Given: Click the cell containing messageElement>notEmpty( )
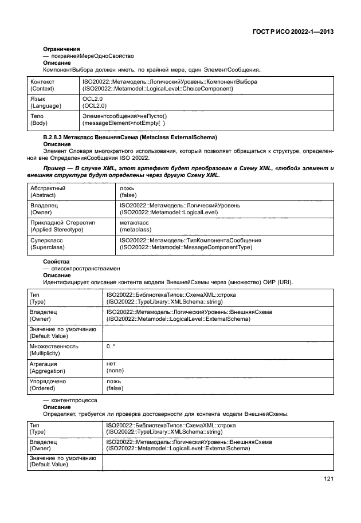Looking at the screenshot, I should pyautogui.click(x=123, y=123).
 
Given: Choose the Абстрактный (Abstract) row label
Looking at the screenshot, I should pyautogui.click(x=48, y=191).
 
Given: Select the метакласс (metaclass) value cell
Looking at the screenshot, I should pyautogui.click(x=135, y=225).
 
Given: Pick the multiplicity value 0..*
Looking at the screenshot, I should pyautogui.click(x=111, y=346).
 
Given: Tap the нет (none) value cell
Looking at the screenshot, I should pyautogui.click(x=115, y=367).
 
